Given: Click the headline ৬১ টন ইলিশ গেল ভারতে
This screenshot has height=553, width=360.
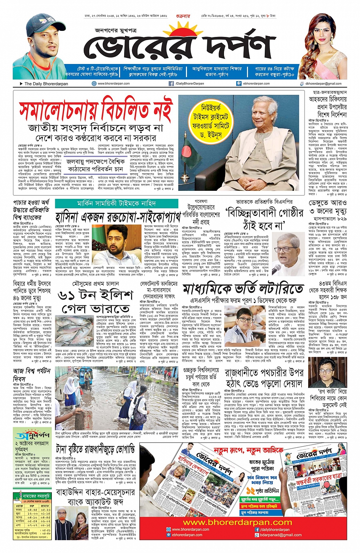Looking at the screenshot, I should point(95,302).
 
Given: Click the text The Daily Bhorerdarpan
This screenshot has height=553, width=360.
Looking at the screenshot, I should point(46,84).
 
